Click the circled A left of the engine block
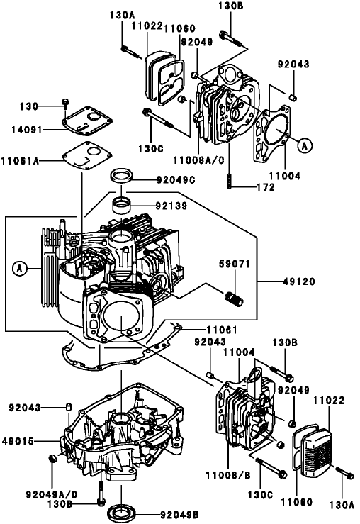(x=20, y=268)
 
